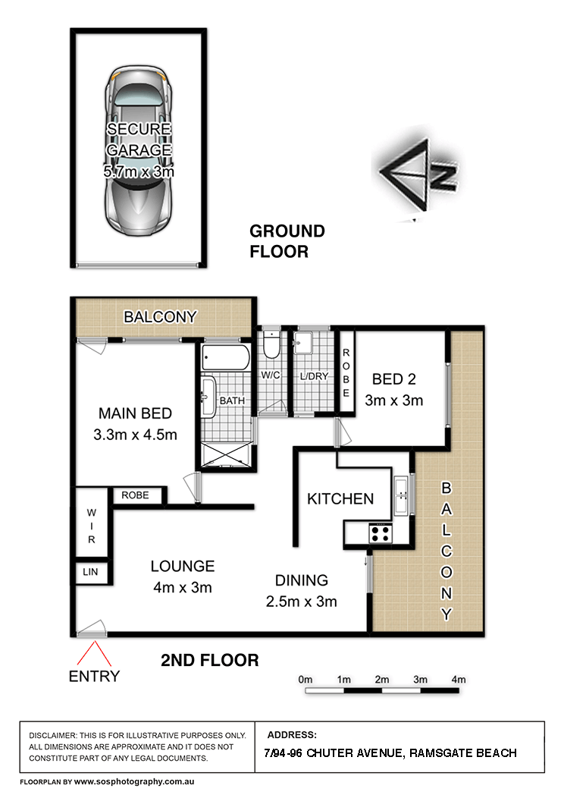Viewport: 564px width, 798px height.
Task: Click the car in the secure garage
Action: coord(139,152)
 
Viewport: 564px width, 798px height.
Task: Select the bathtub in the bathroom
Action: coord(225,358)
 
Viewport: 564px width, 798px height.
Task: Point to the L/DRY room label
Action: coord(313,375)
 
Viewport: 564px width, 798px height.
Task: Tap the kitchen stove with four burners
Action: coord(379,533)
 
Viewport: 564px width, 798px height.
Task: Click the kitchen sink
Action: coord(401,498)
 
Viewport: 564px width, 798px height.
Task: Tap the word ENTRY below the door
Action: coord(94,676)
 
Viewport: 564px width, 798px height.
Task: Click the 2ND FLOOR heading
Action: coord(210,661)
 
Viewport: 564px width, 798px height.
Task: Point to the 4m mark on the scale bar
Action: coord(458,679)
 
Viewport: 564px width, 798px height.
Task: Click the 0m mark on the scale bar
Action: coord(306,679)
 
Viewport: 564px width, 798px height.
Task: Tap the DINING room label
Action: coord(302,580)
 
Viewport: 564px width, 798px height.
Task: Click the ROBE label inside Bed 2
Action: coord(346,373)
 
